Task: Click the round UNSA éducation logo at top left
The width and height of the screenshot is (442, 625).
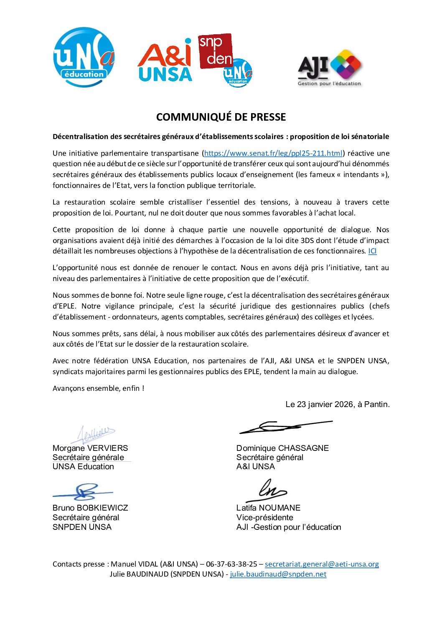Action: (x=84, y=57)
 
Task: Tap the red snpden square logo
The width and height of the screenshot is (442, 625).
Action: (x=215, y=51)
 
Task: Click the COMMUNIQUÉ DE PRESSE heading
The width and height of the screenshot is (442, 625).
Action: (x=221, y=117)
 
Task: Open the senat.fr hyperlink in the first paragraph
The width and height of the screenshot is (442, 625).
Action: (x=273, y=153)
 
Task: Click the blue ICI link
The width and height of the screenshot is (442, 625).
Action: (x=372, y=251)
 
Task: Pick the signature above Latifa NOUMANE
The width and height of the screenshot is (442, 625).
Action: (x=267, y=491)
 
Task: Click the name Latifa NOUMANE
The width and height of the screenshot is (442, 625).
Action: (x=268, y=508)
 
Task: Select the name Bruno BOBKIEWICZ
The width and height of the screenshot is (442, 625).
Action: (x=90, y=508)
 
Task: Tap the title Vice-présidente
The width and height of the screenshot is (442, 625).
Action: (x=265, y=517)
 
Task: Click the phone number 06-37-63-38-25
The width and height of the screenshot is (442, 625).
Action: (x=231, y=564)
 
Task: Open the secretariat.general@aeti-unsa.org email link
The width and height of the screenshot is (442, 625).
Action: (x=322, y=564)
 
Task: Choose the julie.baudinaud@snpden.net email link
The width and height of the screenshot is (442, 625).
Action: (x=278, y=574)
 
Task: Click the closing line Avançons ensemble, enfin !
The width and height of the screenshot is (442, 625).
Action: (x=98, y=388)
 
